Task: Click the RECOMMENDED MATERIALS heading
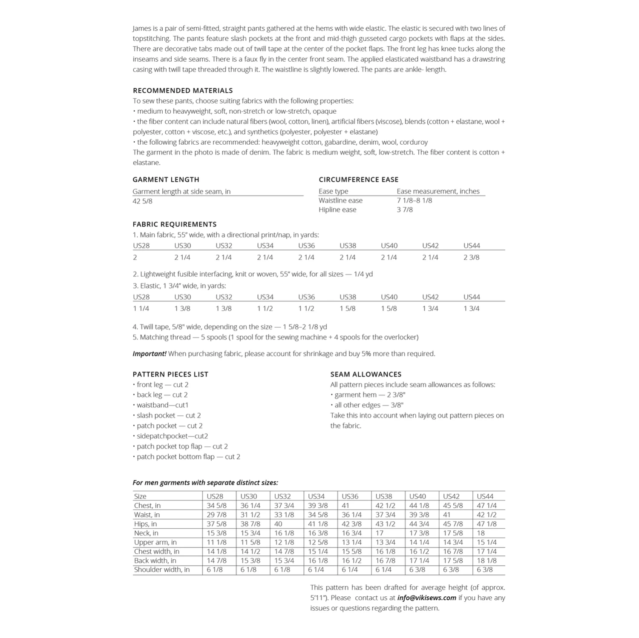click(x=182, y=91)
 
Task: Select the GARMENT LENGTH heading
click(x=166, y=180)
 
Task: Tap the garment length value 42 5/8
click(x=142, y=201)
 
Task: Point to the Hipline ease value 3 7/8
click(x=404, y=209)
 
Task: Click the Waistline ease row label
click(x=340, y=200)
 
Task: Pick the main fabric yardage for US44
click(x=471, y=257)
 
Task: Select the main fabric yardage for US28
click(x=135, y=257)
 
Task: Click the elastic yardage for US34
click(x=265, y=309)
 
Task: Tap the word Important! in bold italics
click(x=150, y=354)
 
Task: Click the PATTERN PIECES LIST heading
click(x=170, y=375)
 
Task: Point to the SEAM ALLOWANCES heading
click(x=366, y=375)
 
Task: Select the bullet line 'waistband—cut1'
click(x=162, y=405)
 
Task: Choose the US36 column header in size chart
click(x=350, y=496)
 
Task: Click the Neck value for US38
click(x=380, y=533)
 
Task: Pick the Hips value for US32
click(x=278, y=524)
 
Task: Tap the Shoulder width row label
click(x=161, y=569)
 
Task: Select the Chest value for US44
click(x=486, y=506)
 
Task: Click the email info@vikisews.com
click(x=426, y=598)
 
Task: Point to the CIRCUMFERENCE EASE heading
click(x=358, y=180)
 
